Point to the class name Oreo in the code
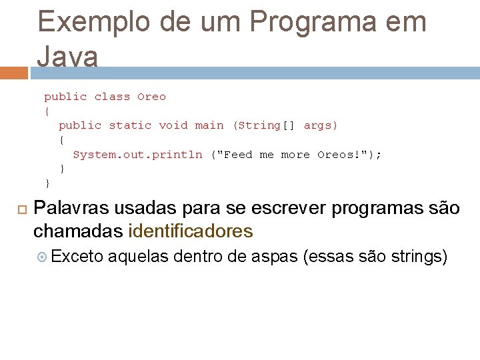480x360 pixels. coord(151,97)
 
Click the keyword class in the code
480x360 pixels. coord(112,97)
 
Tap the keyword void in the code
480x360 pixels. coord(173,125)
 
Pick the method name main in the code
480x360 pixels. coord(209,125)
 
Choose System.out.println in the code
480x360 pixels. coord(137,155)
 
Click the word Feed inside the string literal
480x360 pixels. coord(238,155)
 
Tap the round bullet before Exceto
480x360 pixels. coord(42,257)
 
